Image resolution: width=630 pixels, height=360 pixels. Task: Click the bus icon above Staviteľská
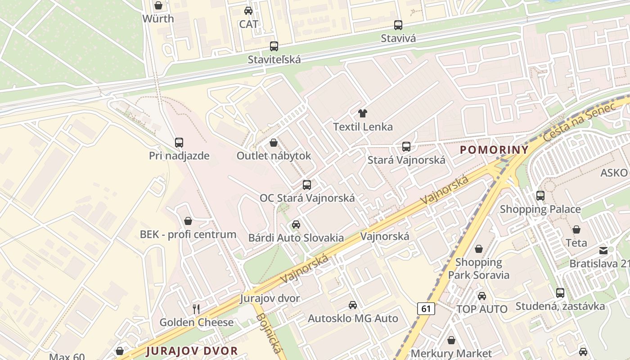(274, 46)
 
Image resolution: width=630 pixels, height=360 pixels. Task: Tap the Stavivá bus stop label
(398, 38)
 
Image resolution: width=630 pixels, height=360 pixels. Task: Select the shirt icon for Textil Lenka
(362, 113)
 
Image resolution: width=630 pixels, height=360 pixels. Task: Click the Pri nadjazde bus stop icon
(179, 143)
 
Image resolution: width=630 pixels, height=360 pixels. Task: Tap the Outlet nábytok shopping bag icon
(273, 143)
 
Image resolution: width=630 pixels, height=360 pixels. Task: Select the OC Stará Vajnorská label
(307, 198)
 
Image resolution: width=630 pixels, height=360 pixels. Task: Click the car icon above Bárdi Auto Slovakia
(296, 225)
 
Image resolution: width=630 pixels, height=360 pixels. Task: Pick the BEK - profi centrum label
(188, 234)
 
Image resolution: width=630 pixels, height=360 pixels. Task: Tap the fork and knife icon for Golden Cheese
(196, 309)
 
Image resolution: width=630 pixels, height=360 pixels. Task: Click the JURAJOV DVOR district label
(192, 351)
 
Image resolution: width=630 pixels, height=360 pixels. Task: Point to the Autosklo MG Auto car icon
(353, 305)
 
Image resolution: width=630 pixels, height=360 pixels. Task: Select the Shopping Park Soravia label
(478, 269)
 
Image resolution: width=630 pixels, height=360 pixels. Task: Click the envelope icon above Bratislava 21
(603, 250)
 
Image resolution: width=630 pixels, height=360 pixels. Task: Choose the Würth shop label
(158, 19)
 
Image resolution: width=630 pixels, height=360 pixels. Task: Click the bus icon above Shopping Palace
(540, 196)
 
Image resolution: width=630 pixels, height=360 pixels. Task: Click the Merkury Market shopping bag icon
(451, 341)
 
